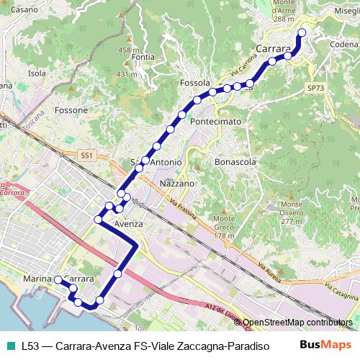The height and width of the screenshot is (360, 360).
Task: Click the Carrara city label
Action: (274, 49)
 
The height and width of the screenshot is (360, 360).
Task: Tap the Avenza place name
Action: (130, 224)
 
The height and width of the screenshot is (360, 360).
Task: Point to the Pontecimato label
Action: (216, 122)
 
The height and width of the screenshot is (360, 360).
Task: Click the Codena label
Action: (343, 45)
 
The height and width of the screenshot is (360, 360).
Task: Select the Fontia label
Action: (143, 58)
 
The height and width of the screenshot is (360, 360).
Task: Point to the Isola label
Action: (37, 73)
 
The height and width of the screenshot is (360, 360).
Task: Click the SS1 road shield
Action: (87, 156)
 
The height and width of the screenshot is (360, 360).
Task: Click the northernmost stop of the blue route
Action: (302, 32)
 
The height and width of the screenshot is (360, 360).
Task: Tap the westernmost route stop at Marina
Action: (58, 279)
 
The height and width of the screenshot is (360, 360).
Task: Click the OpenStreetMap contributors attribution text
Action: (297, 323)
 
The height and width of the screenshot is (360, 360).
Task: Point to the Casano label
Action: (24, 10)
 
